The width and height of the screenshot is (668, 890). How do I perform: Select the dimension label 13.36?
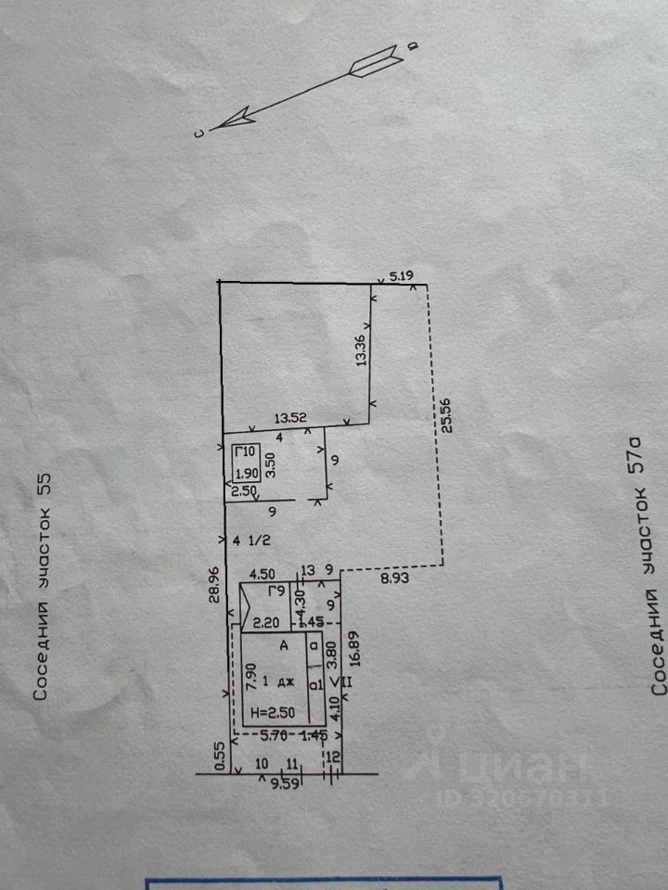360,351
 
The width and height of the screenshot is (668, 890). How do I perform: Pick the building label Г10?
244,451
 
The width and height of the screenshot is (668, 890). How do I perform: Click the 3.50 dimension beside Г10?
270,464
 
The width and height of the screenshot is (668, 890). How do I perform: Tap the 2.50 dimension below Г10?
243,490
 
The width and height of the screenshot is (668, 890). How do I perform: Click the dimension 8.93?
393,576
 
